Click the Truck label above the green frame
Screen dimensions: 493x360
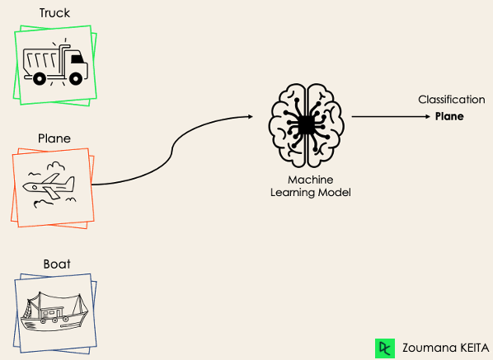click(54, 13)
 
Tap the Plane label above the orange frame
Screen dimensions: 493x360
click(54, 138)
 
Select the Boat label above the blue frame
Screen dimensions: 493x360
click(57, 264)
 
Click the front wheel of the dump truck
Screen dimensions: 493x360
click(76, 78)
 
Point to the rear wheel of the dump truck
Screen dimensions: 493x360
click(40, 78)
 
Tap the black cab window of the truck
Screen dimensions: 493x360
click(77, 58)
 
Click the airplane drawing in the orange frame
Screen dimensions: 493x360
click(49, 186)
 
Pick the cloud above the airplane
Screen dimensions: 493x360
click(56, 166)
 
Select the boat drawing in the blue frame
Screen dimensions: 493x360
click(54, 311)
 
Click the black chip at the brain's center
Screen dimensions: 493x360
click(306, 125)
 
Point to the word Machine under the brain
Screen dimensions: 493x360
click(310, 180)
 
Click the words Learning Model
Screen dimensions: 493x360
click(310, 192)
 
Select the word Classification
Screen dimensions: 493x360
click(451, 100)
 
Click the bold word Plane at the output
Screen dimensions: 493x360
click(449, 116)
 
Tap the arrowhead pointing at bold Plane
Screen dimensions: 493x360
click(428, 116)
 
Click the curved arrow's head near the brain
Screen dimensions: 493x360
click(251, 117)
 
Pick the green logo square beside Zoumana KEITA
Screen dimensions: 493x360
click(385, 348)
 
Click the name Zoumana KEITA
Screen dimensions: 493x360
click(445, 348)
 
